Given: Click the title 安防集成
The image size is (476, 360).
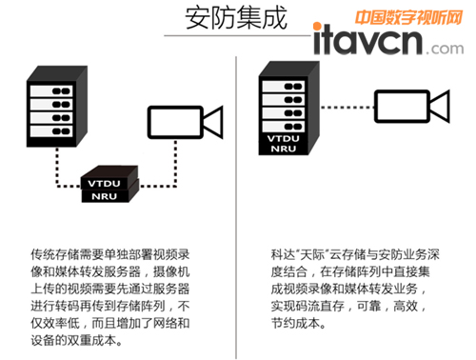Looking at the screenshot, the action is [x=236, y=18].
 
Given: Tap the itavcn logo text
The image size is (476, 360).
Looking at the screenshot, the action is [x=368, y=40].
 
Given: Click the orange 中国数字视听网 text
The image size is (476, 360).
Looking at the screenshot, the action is [x=408, y=17].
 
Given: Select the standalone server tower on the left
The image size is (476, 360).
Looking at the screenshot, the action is [x=57, y=107].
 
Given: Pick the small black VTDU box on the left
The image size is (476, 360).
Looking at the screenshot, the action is [x=109, y=178].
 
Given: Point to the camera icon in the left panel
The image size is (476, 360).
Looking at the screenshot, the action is [x=186, y=122].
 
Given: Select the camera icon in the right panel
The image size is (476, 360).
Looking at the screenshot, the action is [x=412, y=106].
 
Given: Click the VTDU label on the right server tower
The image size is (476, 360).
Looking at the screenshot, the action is [x=283, y=139].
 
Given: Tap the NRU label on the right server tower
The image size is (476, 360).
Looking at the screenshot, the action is [x=284, y=149].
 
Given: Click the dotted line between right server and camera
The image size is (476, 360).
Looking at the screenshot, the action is [x=347, y=108].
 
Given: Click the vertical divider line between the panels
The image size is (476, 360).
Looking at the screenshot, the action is [x=236, y=208].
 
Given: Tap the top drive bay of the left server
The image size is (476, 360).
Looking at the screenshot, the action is [x=51, y=91].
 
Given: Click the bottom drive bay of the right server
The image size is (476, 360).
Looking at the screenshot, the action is [x=284, y=127].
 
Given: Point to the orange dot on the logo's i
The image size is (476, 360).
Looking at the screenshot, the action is [x=317, y=26].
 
